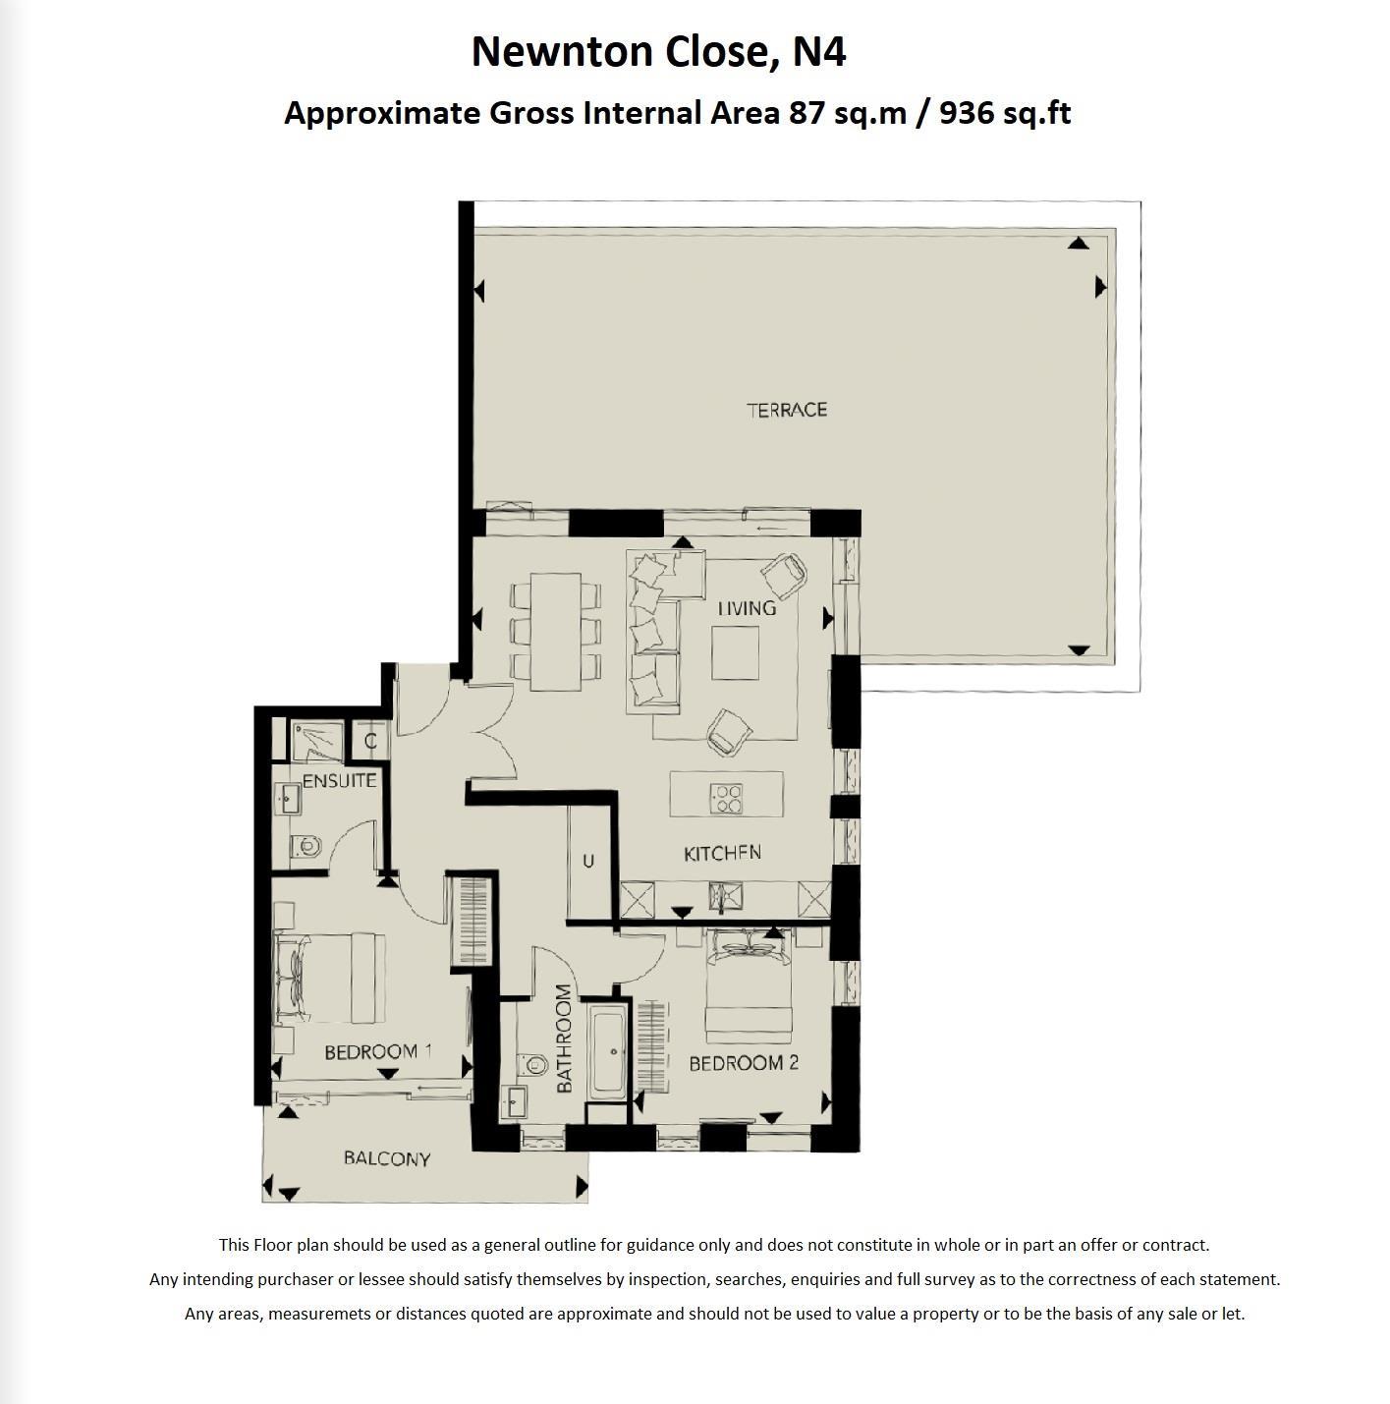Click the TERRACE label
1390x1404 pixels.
[787, 410]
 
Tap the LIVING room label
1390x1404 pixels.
[747, 608]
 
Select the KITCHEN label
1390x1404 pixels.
[722, 853]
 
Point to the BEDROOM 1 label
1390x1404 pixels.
[378, 1052]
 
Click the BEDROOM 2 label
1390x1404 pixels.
[743, 1063]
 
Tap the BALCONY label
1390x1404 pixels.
[387, 1158]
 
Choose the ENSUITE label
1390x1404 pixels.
[339, 781]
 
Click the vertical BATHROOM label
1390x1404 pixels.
[564, 1039]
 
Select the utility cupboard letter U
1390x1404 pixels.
[588, 862]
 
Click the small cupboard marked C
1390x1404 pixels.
[370, 742]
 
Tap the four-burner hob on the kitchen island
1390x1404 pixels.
[728, 798]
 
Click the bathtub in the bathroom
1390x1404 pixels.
[609, 1050]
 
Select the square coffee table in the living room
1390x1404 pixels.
[735, 652]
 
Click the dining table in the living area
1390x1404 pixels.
[555, 631]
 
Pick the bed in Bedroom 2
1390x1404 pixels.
[749, 987]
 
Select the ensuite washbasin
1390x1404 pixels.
[289, 798]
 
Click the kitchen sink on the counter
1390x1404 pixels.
[727, 897]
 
